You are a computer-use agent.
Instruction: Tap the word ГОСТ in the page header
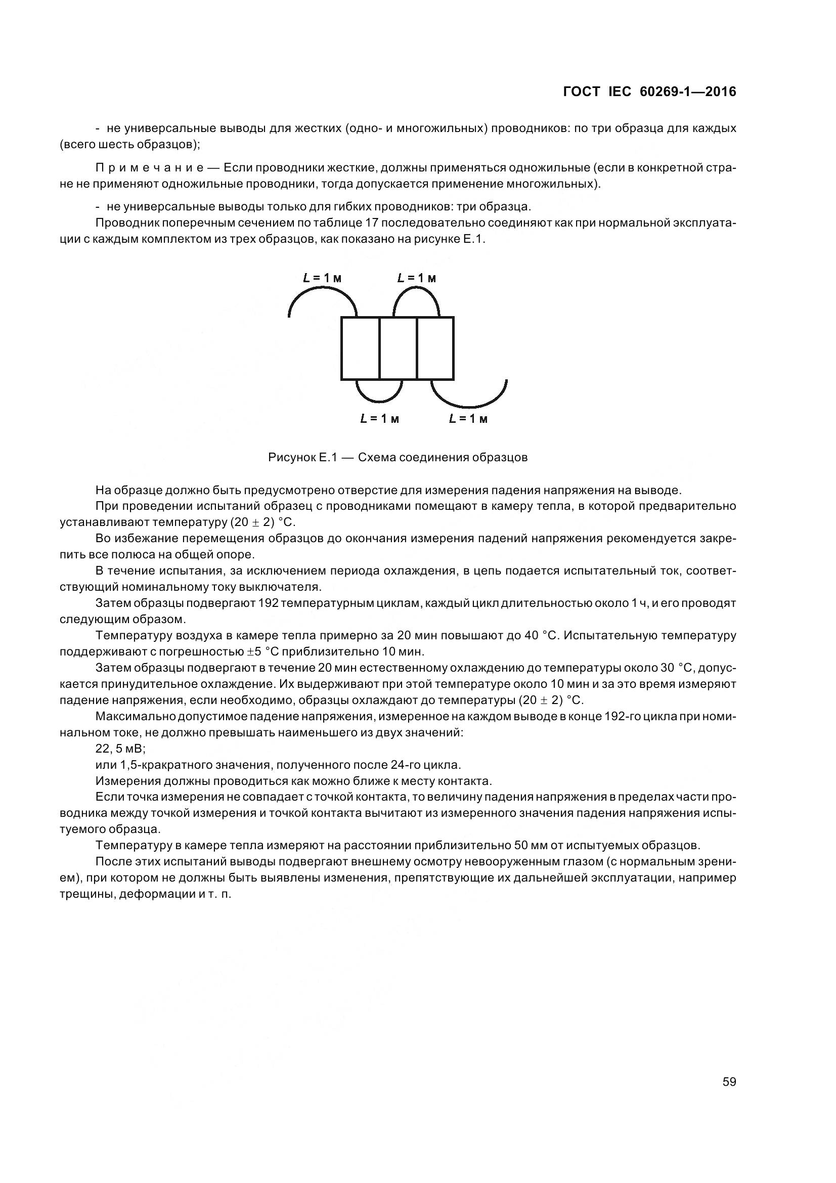click(582, 92)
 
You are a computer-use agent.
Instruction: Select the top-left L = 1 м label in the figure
click(323, 278)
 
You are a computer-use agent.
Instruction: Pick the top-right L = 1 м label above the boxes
click(417, 278)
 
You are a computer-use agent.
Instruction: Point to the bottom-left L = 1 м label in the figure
click(380, 419)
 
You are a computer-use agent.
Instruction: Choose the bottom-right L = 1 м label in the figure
click(468, 419)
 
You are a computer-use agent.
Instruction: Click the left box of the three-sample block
click(360, 348)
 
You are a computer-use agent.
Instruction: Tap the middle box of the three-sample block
click(398, 348)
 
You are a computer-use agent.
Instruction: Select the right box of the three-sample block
click(435, 348)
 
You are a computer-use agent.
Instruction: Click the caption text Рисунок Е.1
click(302, 458)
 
